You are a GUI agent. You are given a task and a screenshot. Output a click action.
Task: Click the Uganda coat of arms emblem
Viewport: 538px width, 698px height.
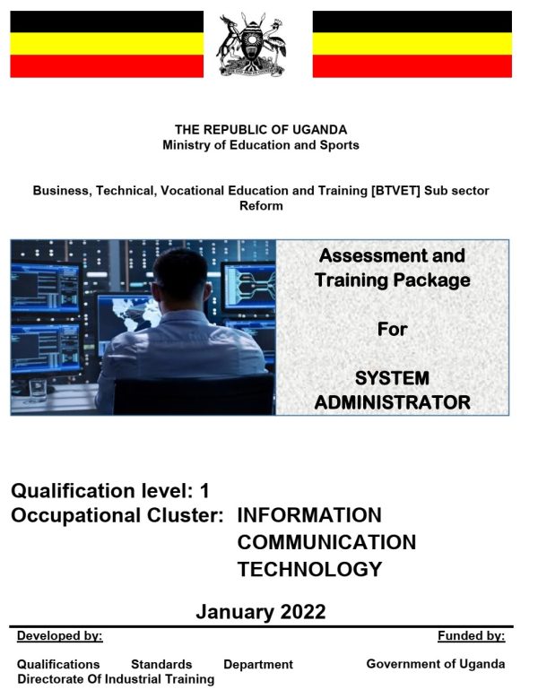tap(251, 45)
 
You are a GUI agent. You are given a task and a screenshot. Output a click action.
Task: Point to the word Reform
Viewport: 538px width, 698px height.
tap(261, 206)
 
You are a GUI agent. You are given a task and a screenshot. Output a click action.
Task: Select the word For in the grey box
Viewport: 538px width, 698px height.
tap(393, 330)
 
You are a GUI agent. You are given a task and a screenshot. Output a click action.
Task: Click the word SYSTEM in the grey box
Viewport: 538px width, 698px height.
tap(393, 378)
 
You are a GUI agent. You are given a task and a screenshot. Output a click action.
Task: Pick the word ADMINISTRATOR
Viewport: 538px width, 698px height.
tap(393, 402)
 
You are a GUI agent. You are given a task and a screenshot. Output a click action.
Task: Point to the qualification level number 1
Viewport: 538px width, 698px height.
tap(204, 491)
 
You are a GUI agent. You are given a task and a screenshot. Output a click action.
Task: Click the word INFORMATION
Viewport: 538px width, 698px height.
tap(309, 515)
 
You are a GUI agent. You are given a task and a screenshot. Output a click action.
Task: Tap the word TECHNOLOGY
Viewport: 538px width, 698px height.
tap(310, 569)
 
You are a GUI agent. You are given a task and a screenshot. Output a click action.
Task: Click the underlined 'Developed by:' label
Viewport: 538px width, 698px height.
tap(60, 635)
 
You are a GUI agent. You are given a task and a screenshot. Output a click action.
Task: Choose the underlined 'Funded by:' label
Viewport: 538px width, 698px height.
tap(471, 635)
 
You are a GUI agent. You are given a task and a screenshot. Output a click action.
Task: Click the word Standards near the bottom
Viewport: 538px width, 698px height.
tap(161, 664)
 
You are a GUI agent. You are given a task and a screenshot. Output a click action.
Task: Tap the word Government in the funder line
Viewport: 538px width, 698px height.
tap(402, 664)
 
